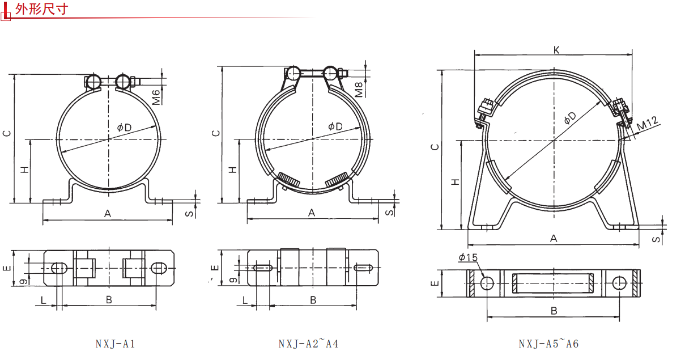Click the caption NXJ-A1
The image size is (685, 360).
tap(115, 344)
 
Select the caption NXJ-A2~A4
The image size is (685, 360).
tap(308, 344)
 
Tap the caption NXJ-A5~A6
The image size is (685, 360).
tap(548, 344)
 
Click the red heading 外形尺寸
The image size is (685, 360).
tap(41, 9)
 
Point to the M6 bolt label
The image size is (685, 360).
tap(156, 98)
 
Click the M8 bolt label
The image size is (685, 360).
tap(359, 90)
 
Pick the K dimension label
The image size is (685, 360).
tap(556, 50)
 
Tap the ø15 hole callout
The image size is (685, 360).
tap(468, 257)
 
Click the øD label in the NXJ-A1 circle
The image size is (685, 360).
tap(124, 127)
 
